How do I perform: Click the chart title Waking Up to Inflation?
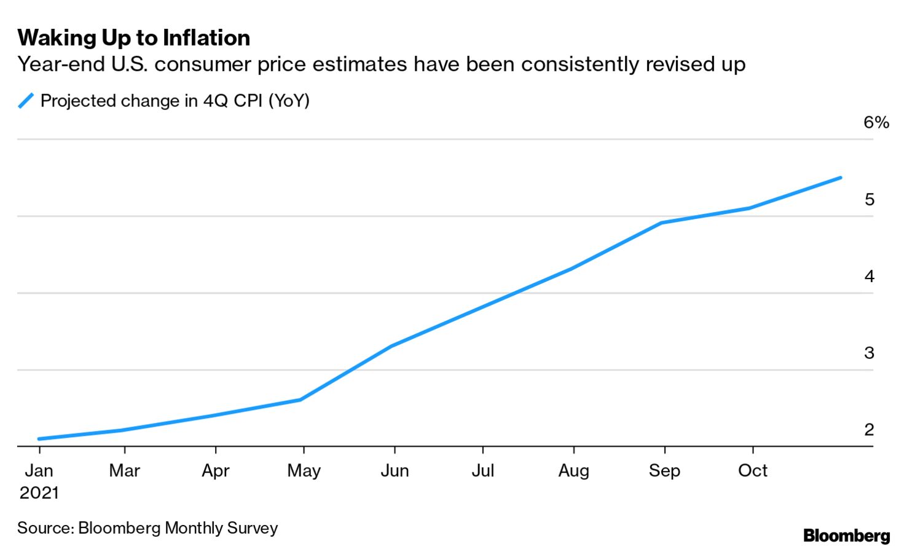(x=133, y=38)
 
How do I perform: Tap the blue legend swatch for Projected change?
(x=26, y=101)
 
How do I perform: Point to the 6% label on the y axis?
(x=876, y=122)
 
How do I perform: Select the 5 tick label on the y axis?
(x=869, y=200)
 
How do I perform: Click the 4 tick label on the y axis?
(x=869, y=277)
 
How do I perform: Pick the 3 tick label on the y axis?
(x=869, y=353)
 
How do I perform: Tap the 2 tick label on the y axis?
(x=869, y=430)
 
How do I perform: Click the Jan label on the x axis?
(x=39, y=471)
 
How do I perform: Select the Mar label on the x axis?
(x=125, y=471)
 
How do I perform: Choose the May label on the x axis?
(x=304, y=471)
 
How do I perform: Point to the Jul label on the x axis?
(x=483, y=471)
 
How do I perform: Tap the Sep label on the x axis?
(x=664, y=471)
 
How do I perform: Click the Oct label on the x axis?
(x=753, y=471)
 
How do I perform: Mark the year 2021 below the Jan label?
(x=39, y=493)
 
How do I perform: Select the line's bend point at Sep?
(x=662, y=223)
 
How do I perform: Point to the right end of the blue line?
(x=840, y=178)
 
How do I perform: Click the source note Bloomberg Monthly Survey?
(x=147, y=528)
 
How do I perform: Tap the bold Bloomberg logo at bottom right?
(x=846, y=536)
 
